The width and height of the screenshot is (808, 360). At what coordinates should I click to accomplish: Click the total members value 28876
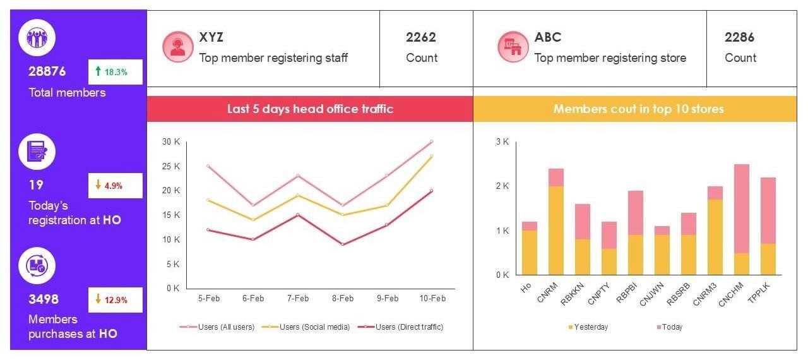(x=47, y=71)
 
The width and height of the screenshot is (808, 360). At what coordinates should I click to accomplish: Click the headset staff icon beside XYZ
(x=177, y=47)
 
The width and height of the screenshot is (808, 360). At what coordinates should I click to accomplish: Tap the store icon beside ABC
(x=512, y=47)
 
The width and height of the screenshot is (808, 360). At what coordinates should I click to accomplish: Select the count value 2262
(x=421, y=37)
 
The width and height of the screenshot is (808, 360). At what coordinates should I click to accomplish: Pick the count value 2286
(x=739, y=37)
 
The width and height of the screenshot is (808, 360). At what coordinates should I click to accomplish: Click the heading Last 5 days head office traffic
(x=310, y=109)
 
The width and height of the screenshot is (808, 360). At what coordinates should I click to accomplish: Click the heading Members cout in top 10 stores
(x=638, y=109)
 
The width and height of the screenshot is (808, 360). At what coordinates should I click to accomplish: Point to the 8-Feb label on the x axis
(x=342, y=299)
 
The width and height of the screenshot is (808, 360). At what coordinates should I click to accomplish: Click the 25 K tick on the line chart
(x=171, y=166)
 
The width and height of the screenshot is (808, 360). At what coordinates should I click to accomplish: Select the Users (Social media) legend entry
(x=309, y=327)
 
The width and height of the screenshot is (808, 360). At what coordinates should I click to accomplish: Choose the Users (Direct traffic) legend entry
(x=404, y=327)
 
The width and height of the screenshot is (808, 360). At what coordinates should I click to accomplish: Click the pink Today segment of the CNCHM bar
(x=724, y=208)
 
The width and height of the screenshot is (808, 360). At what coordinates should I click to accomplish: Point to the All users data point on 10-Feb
(x=431, y=141)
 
